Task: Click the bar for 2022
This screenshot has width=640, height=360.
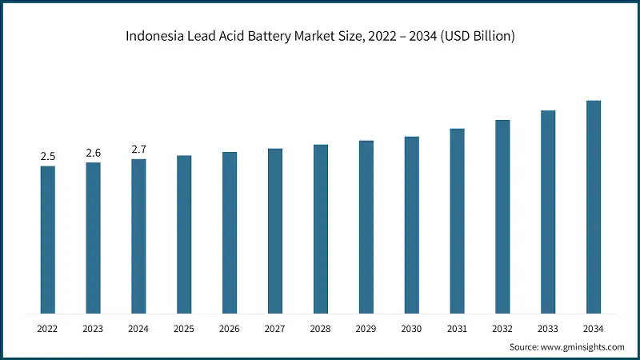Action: click(x=48, y=239)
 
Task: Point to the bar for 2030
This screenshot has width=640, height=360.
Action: click(x=411, y=225)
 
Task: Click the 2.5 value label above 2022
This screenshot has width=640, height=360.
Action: click(x=48, y=156)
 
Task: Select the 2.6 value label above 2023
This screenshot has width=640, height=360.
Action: click(x=94, y=153)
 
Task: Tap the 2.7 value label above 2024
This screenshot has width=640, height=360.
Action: click(x=138, y=150)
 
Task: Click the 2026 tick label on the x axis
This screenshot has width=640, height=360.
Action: click(x=230, y=328)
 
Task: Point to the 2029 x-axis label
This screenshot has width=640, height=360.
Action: click(x=366, y=328)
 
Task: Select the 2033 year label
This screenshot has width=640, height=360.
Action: click(x=548, y=328)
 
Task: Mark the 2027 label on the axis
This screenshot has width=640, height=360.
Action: click(x=275, y=328)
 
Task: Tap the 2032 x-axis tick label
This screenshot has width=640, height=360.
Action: click(x=502, y=328)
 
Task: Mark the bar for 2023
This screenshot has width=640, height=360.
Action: click(x=94, y=238)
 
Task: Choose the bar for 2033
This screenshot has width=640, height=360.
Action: click(x=548, y=211)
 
